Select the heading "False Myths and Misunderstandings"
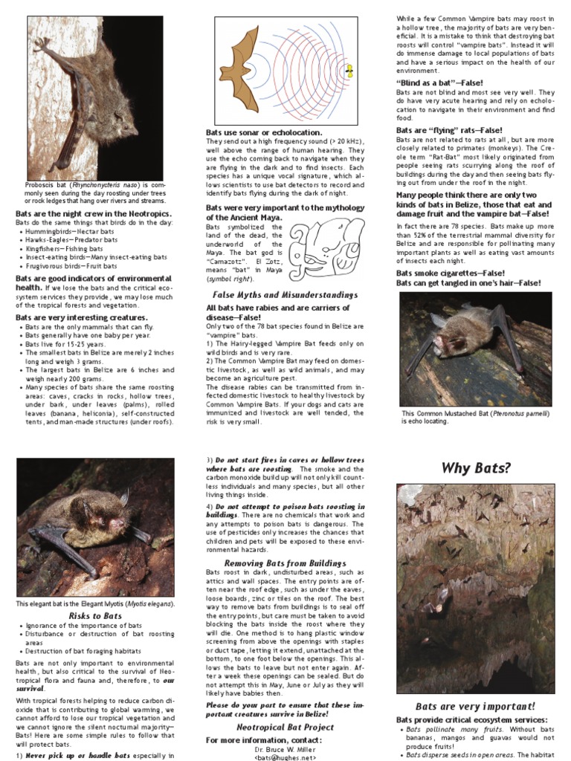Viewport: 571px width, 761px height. pos(280,294)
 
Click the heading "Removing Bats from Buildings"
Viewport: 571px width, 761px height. pos(275,563)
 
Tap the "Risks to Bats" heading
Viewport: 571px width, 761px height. pos(95,615)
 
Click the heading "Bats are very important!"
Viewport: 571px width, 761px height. pos(475,706)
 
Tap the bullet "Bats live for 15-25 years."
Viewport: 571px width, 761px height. pos(70,344)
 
